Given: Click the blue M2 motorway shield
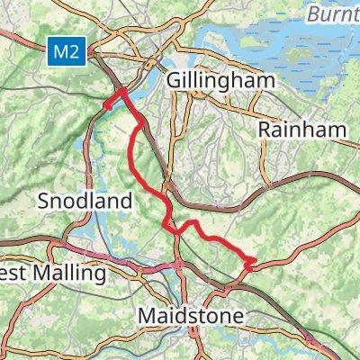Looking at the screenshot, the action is pyautogui.click(x=67, y=53).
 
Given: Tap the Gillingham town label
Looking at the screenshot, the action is pyautogui.click(x=220, y=81).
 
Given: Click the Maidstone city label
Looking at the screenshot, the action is pyautogui.click(x=192, y=316).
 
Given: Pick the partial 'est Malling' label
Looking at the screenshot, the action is pyautogui.click(x=43, y=271).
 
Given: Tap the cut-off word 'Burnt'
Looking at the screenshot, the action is pyautogui.click(x=332, y=14).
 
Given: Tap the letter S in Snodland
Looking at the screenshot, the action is pyautogui.click(x=43, y=202).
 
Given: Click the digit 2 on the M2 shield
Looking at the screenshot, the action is pyautogui.click(x=76, y=53).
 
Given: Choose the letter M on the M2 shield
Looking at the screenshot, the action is pyautogui.click(x=61, y=53).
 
